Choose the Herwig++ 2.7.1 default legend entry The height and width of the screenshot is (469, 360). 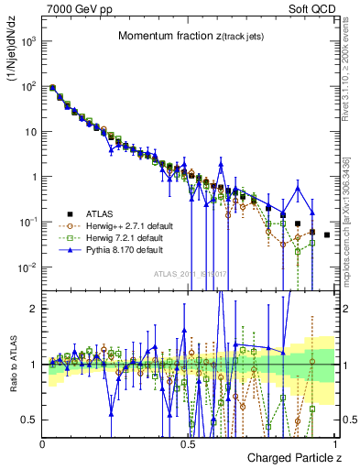click(x=129, y=225)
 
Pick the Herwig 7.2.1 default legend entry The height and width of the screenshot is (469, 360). click(x=126, y=237)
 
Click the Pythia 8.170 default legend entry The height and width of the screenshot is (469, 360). click(x=125, y=249)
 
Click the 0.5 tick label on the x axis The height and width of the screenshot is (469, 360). click(x=188, y=442)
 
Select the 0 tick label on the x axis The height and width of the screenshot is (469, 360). click(x=43, y=442)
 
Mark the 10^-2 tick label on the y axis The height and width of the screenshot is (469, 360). click(x=27, y=267)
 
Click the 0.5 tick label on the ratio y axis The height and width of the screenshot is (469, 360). click(x=30, y=420)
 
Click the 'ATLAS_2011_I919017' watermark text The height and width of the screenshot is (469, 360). click(x=186, y=273)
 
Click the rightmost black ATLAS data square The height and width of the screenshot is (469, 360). click(x=327, y=235)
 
